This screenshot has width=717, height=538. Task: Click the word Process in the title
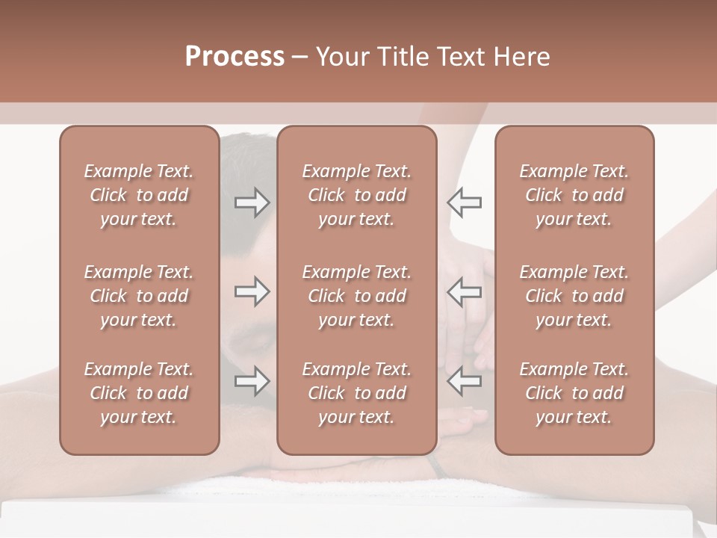(235, 57)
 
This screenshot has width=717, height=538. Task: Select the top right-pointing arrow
(252, 202)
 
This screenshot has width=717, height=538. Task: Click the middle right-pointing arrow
(252, 291)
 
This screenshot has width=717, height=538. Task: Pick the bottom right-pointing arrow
(252, 381)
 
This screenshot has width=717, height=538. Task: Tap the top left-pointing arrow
(465, 202)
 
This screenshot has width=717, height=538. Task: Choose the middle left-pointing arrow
(465, 291)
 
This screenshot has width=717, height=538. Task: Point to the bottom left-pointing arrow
(465, 381)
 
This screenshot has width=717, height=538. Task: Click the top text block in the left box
(139, 195)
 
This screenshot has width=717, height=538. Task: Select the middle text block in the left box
(139, 296)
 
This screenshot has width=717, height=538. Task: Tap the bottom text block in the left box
(139, 393)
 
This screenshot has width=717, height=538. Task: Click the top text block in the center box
(356, 195)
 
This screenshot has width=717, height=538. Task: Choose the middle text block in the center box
(356, 296)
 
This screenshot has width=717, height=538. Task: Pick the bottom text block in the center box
(356, 393)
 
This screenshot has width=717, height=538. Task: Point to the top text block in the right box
(574, 195)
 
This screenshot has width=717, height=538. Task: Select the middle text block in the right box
(574, 296)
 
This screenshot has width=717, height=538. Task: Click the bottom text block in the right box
(574, 393)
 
